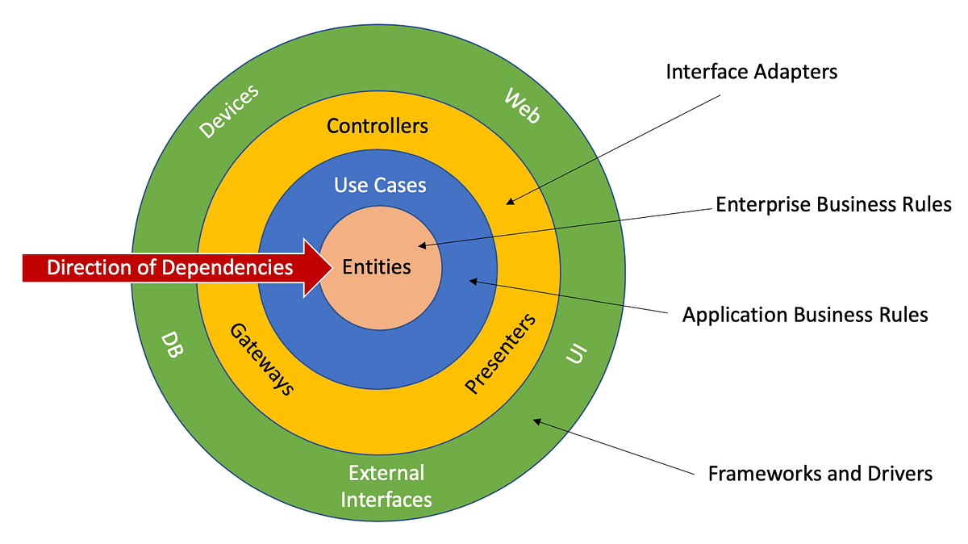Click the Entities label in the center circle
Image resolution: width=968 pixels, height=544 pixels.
pos(377,266)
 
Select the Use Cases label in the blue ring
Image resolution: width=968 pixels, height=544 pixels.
pos(380,185)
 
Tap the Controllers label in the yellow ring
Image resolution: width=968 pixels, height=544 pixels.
pos(378,126)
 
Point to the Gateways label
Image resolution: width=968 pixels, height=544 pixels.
pos(261,358)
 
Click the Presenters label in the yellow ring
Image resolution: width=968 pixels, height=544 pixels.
pos(501,353)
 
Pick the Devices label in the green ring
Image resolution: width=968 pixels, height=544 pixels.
pos(230,111)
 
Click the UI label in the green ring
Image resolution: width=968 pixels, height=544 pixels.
pos(576,354)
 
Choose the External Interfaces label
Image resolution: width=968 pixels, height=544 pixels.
pos(386,486)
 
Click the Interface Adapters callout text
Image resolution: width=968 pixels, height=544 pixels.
pos(751,72)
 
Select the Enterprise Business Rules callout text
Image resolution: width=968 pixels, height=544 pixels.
pos(833,204)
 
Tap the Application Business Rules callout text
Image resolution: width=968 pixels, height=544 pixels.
pos(805,315)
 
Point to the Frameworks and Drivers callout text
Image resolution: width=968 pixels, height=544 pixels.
pos(820,473)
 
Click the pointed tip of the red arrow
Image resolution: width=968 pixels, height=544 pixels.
pos(332,267)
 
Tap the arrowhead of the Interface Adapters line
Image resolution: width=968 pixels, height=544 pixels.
pos(509,202)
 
